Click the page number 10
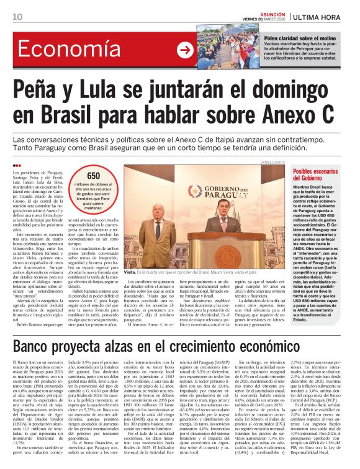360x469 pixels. point(17,17)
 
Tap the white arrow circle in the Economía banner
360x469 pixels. point(185,50)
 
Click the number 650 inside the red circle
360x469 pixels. point(94,176)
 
